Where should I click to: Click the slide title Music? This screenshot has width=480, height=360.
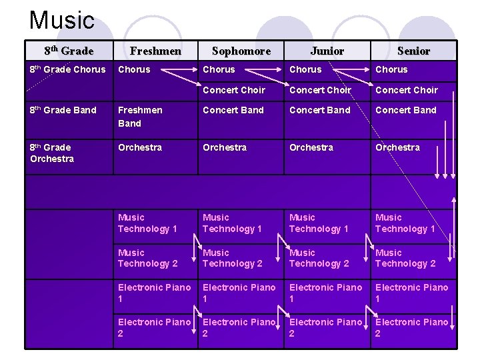(x=62, y=20)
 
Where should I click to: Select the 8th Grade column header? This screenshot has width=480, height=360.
(x=69, y=51)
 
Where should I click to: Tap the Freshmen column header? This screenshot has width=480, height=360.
(x=155, y=51)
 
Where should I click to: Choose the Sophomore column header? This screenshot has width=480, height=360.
(x=241, y=51)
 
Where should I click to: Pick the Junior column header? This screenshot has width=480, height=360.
(x=327, y=51)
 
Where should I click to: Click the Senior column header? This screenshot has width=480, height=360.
(x=413, y=51)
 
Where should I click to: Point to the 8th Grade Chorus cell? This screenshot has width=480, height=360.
(x=68, y=69)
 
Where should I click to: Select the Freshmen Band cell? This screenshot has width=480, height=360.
(x=140, y=116)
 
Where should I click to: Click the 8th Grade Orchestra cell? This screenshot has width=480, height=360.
(x=52, y=153)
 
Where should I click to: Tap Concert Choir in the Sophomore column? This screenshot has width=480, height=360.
(x=233, y=90)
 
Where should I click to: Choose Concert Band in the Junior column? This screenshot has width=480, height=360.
(x=319, y=110)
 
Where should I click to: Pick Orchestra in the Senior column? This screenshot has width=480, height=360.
(x=397, y=147)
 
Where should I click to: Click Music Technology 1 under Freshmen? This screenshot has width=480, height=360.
(x=147, y=223)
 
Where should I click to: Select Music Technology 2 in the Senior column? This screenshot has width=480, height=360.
(x=405, y=258)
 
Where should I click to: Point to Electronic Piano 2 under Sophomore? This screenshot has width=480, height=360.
(x=239, y=327)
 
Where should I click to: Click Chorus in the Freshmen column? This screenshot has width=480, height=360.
(x=134, y=69)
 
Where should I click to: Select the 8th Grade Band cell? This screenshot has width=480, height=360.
(x=63, y=110)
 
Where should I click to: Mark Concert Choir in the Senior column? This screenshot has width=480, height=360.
(x=407, y=90)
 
